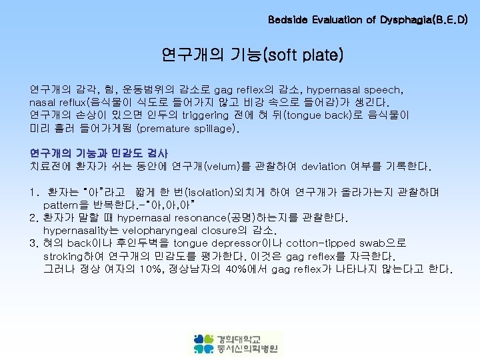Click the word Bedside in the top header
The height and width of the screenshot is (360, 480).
pos(286,20)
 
